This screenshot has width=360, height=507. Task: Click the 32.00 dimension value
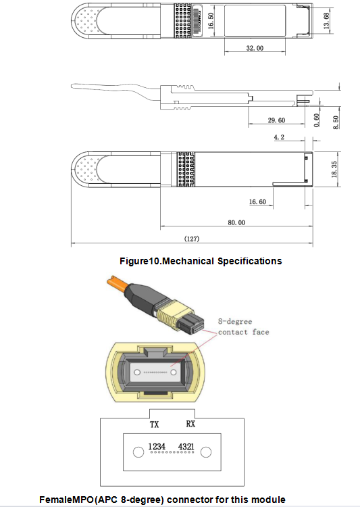255,48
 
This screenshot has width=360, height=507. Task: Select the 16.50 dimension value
211,21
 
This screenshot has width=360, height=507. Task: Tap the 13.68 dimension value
326,21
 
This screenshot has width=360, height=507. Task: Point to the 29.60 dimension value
276,120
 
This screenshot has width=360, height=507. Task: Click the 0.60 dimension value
317,120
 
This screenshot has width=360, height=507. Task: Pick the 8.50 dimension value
336,122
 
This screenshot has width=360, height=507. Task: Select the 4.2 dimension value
279,137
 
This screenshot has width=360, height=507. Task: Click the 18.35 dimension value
334,170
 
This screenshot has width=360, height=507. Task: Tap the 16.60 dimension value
257,202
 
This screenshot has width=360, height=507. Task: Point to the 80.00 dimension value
236,222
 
